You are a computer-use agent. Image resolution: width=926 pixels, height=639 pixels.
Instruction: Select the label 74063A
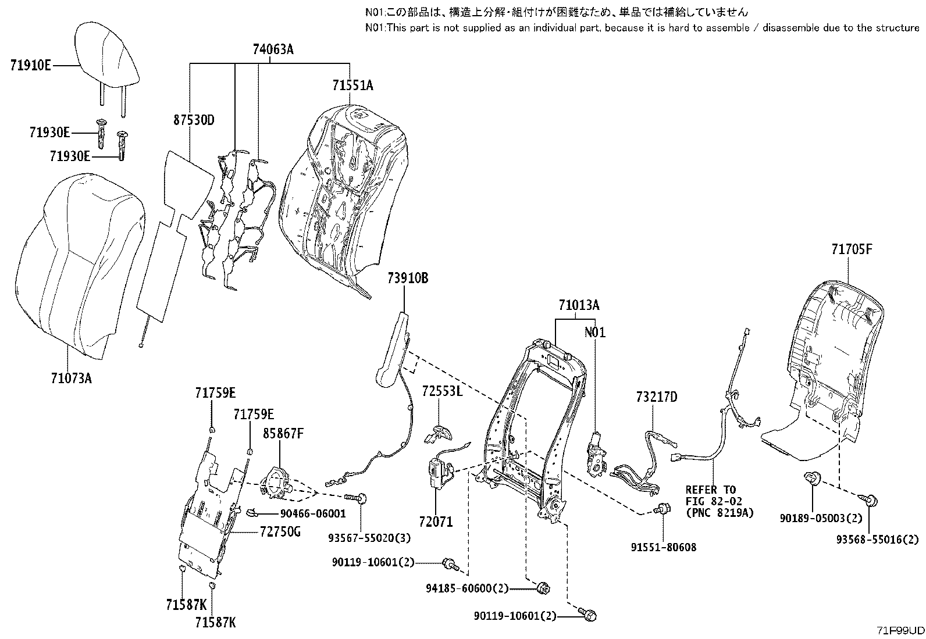click(x=273, y=50)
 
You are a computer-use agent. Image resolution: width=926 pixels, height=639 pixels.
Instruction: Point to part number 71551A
click(x=352, y=85)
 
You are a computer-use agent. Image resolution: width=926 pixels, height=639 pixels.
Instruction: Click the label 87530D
click(x=194, y=120)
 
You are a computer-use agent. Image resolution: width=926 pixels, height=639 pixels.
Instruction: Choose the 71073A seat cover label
click(x=71, y=379)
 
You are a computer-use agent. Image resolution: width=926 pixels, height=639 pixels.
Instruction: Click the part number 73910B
click(x=408, y=279)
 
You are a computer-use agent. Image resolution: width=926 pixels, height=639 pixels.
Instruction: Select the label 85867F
click(x=283, y=433)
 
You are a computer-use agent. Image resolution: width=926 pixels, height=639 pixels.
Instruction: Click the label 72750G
click(x=280, y=531)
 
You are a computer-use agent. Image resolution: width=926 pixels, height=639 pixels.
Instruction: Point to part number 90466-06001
click(x=313, y=513)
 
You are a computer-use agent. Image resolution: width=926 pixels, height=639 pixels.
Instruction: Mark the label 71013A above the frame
click(x=579, y=305)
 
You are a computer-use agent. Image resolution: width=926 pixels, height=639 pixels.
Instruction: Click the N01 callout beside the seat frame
click(x=595, y=333)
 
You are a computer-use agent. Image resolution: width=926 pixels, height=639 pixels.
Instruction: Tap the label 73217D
click(x=657, y=397)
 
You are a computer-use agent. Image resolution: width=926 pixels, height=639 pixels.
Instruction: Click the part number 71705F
click(x=852, y=250)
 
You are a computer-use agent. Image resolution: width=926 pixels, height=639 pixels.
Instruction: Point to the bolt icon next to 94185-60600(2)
click(x=544, y=588)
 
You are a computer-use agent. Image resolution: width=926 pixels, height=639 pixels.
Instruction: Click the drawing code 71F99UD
click(x=900, y=631)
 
